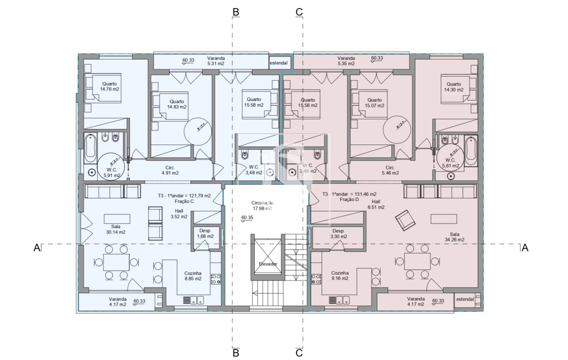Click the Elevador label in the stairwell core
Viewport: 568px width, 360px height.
pyautogui.click(x=268, y=263)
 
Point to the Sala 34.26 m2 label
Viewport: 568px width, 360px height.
pyautogui.click(x=454, y=236)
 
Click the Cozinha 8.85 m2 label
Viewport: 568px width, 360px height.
pyautogui.click(x=193, y=275)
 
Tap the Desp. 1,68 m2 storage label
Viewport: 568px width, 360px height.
pyautogui.click(x=205, y=233)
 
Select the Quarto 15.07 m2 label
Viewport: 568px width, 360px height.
pyautogui.click(x=374, y=102)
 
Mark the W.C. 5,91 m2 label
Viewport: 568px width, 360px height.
pyautogui.click(x=112, y=172)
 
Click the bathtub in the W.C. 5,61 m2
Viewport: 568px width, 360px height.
pyautogui.click(x=471, y=150)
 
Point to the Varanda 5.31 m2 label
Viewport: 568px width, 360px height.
pyautogui.click(x=216, y=61)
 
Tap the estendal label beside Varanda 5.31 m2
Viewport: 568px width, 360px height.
pyautogui.click(x=279, y=63)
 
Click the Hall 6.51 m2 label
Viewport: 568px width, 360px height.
pyautogui.click(x=376, y=204)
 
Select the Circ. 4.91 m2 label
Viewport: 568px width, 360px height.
pyautogui.click(x=170, y=170)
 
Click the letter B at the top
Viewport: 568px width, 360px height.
pyautogui.click(x=236, y=11)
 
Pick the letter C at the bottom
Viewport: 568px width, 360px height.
pyautogui.click(x=299, y=353)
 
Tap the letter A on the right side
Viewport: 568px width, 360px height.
pyautogui.click(x=524, y=247)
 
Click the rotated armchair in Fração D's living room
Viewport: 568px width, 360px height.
pyautogui.click(x=404, y=220)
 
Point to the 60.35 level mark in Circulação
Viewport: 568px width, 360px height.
pyautogui.click(x=247, y=218)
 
